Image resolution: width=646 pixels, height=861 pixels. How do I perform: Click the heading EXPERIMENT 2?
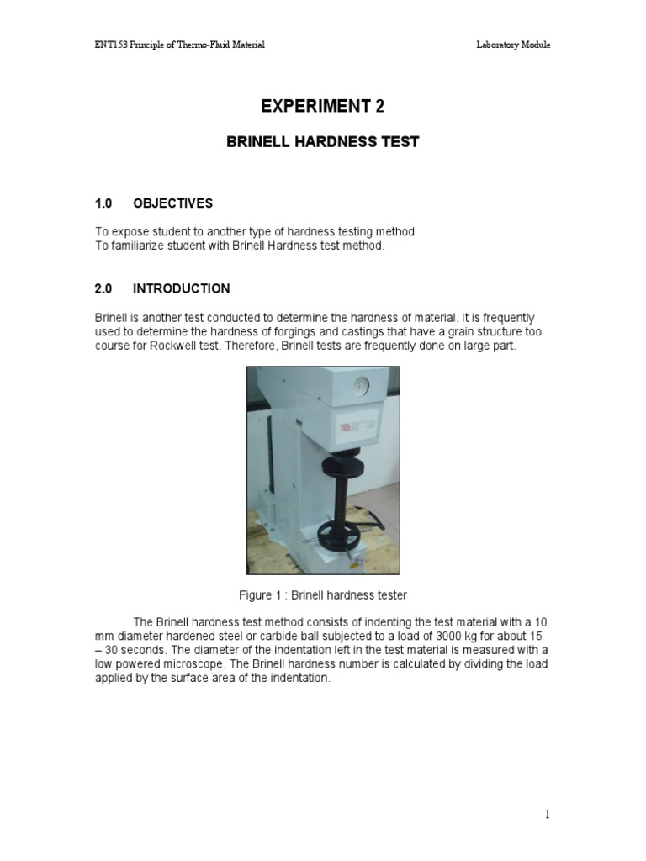tap(322, 106)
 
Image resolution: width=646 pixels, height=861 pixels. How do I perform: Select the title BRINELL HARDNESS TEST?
tap(322, 142)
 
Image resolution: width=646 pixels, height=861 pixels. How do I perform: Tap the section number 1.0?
tap(103, 203)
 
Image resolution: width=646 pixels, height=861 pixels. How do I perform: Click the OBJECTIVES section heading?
tap(172, 203)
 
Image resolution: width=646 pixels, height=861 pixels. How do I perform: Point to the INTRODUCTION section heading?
tap(181, 288)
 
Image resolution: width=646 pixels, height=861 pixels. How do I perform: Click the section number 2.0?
tap(103, 288)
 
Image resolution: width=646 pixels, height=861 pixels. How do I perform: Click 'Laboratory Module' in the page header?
tap(513, 45)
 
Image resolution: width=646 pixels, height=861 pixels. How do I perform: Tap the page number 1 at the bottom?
tap(547, 814)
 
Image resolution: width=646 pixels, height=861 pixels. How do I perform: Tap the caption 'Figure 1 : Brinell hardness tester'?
tap(323, 595)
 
